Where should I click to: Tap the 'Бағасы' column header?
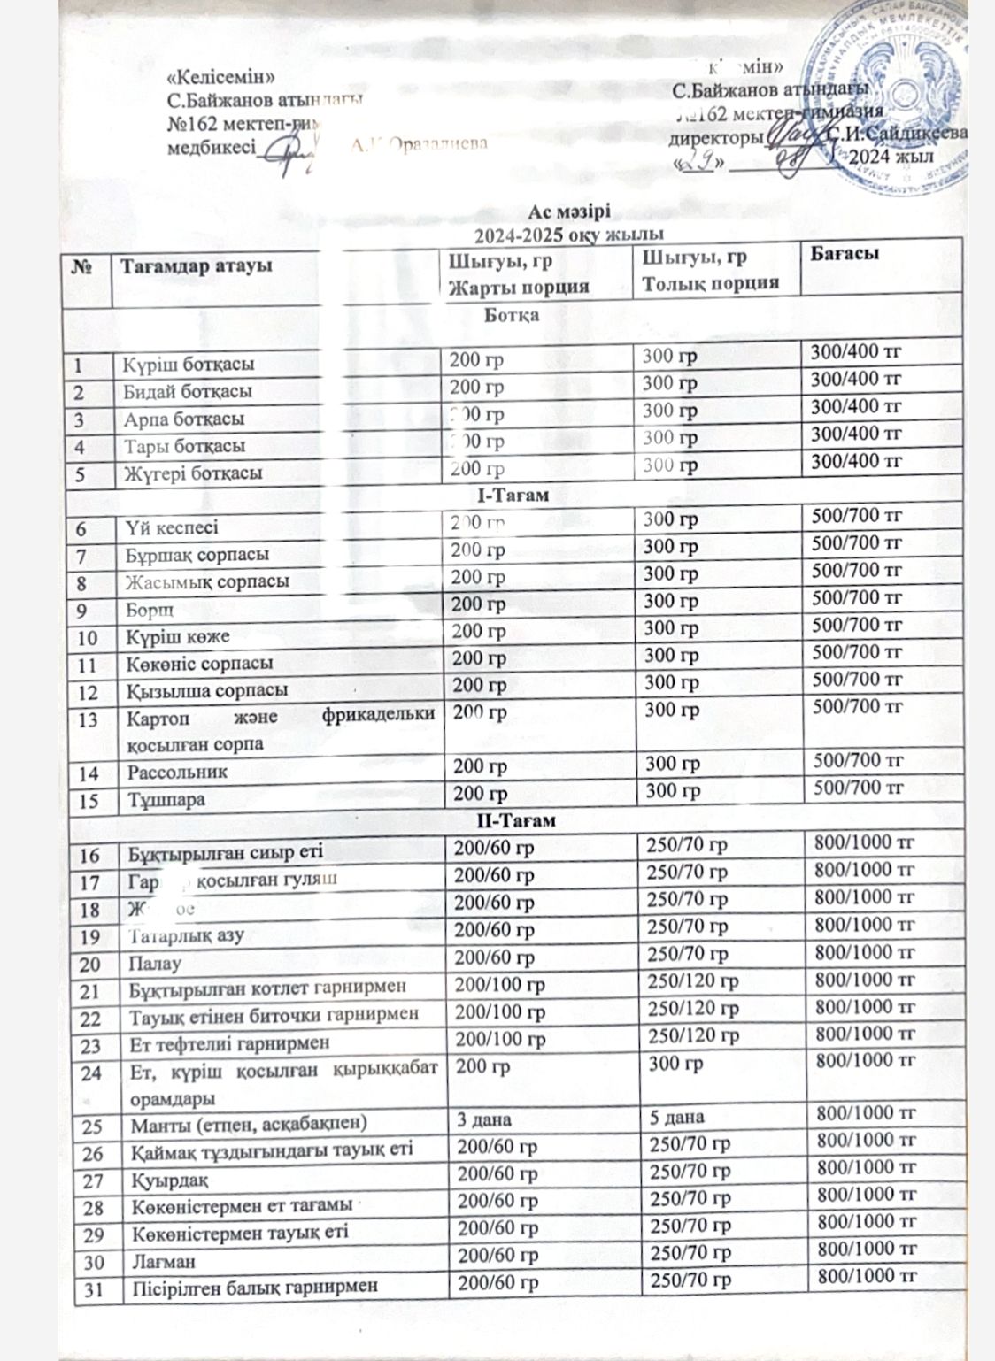841,254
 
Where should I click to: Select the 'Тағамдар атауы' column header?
197,265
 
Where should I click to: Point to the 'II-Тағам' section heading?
522,821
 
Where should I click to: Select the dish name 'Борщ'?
148,610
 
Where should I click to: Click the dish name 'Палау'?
156,963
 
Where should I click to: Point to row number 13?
88,719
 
